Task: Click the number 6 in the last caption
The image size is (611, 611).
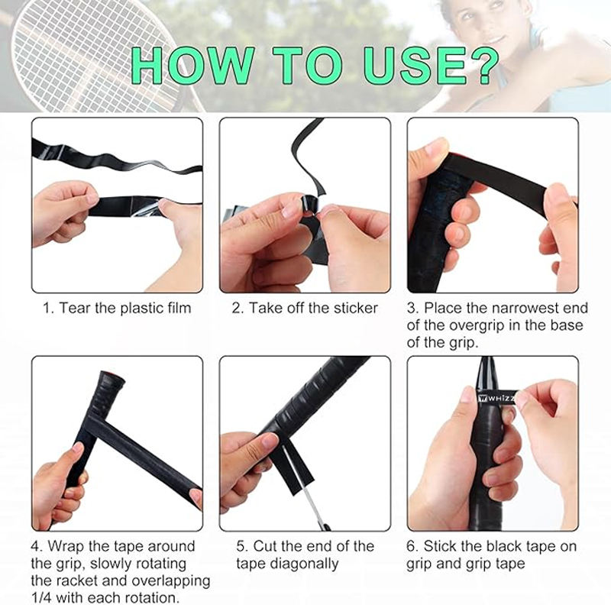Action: click(411, 546)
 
